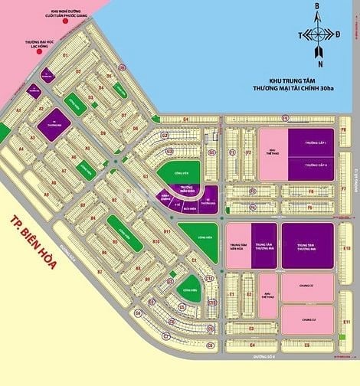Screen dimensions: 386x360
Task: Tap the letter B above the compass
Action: coord(315,6)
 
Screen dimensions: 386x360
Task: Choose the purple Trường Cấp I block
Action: coord(311,143)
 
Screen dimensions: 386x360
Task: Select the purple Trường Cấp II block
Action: coord(311,167)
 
